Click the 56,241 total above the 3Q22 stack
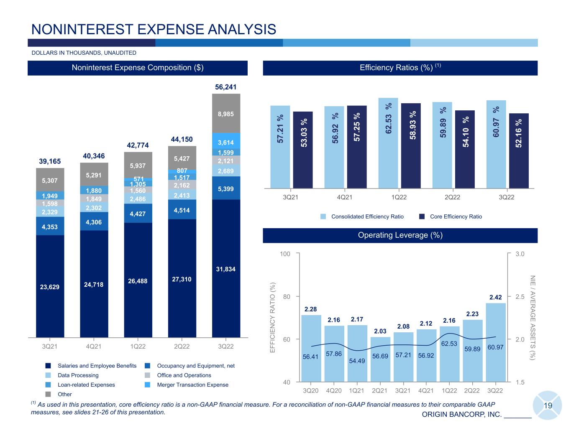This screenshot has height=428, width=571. pos(225,87)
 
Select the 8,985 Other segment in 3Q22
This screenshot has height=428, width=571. pos(226,113)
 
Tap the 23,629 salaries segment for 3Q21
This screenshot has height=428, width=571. pos(50,286)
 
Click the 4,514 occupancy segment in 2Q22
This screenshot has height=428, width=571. pos(182,209)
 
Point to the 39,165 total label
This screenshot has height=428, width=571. pos(50,161)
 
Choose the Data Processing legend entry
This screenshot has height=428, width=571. pos(72,375)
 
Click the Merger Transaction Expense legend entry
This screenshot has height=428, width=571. pos(187,385)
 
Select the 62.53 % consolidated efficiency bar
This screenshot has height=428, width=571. pos(388,143)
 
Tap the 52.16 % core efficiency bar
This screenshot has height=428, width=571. pos(519,151)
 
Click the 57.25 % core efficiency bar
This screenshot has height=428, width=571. pos(357,147)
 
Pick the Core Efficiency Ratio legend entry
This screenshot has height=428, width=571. pos(451,217)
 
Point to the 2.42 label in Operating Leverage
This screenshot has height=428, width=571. pos(496,297)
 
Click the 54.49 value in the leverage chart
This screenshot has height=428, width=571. pos(357,361)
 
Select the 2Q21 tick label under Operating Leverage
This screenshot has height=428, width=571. pos(379,390)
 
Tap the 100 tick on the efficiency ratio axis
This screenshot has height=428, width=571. pos(285,254)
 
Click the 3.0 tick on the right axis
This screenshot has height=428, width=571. pos(520,254)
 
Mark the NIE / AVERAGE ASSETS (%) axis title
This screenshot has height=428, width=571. pos(532,317)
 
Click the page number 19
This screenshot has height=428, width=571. pos(548,405)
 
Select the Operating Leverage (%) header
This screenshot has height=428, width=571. pos(400,235)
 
